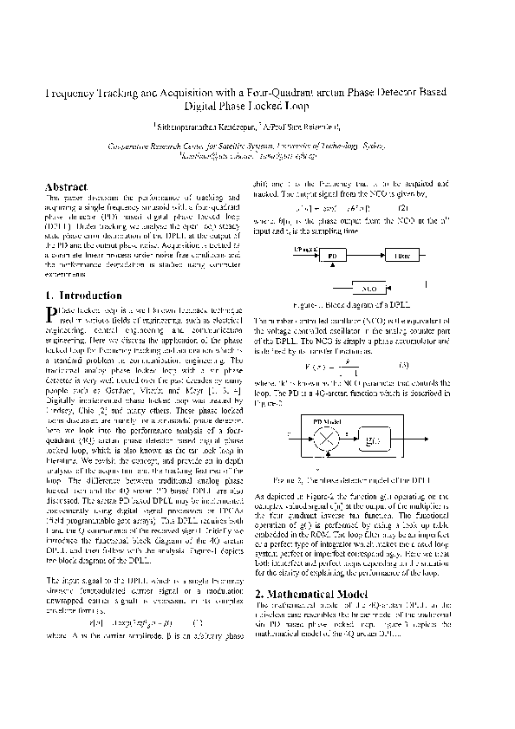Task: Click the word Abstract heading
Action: (66, 186)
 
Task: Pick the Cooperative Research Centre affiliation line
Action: (258, 147)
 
